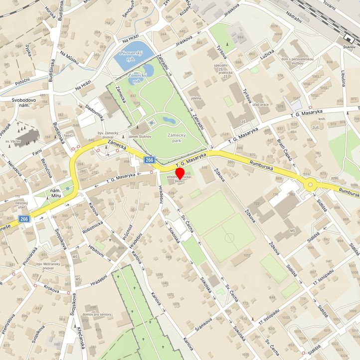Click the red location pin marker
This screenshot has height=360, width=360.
pos(180,174)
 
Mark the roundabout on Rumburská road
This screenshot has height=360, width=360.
pos(311,185)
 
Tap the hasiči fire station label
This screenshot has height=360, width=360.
pos(69,136)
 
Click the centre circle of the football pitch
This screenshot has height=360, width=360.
pos(229,238)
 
